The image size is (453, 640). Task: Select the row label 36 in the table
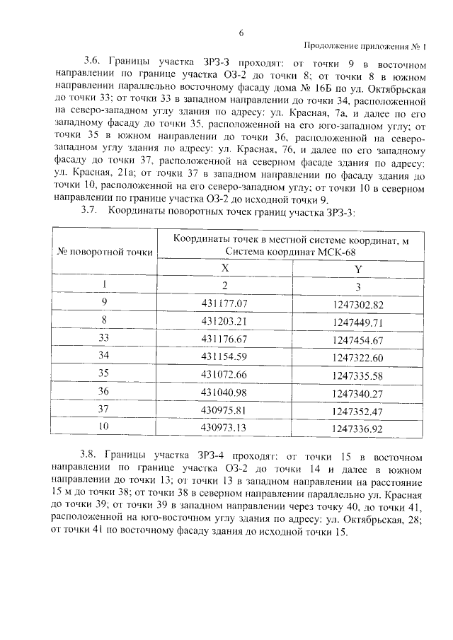(105, 392)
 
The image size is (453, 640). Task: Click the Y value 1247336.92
(357, 428)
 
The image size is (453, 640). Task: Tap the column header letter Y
(357, 269)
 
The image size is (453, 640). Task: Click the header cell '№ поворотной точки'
(105, 252)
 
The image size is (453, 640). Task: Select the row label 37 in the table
(105, 409)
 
